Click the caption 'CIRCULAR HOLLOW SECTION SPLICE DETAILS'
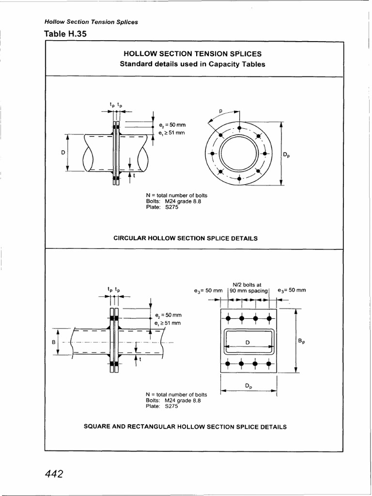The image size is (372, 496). [186, 238]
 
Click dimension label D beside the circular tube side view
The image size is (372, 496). [63, 153]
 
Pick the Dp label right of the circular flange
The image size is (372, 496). [287, 155]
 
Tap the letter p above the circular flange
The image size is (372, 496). [220, 110]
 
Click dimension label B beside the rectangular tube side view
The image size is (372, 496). [54, 343]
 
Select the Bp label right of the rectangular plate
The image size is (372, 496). [301, 341]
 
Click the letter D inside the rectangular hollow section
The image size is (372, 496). [247, 343]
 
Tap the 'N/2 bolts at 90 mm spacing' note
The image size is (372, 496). [248, 287]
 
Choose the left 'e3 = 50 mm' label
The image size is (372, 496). [207, 291]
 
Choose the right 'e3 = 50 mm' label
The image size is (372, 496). [292, 291]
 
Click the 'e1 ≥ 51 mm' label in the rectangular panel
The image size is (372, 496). [168, 323]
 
